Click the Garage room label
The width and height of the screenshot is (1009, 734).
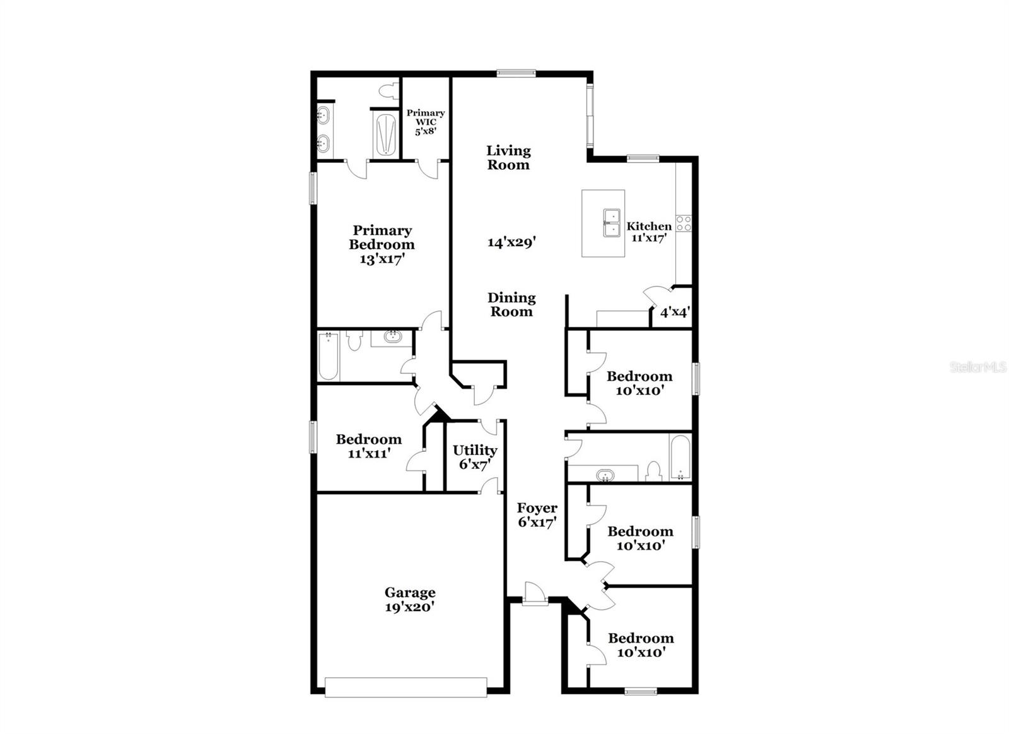click(x=410, y=600)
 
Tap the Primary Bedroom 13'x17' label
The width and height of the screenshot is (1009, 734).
click(x=382, y=245)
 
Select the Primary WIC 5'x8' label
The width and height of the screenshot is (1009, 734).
click(x=426, y=122)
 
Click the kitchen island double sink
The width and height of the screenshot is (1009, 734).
click(x=610, y=223)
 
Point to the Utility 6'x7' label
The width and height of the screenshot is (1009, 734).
click(x=475, y=457)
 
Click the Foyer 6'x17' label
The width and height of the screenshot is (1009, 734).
click(x=537, y=515)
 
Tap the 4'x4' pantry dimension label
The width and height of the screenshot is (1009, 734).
click(x=674, y=312)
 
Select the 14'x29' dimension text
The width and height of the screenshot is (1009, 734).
click(x=511, y=242)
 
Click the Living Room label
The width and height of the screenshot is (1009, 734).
click(x=508, y=158)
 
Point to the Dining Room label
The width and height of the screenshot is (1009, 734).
click(x=511, y=304)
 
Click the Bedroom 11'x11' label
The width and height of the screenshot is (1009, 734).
click(x=368, y=446)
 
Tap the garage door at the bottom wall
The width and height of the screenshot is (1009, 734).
click(x=405, y=687)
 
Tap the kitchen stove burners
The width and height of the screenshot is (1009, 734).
click(x=684, y=223)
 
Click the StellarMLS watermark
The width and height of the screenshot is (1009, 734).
click(x=978, y=367)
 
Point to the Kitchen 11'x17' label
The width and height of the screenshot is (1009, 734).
click(x=649, y=232)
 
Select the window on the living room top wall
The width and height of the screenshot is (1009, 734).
click(x=516, y=73)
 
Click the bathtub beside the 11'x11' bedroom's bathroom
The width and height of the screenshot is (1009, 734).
click(x=328, y=357)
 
